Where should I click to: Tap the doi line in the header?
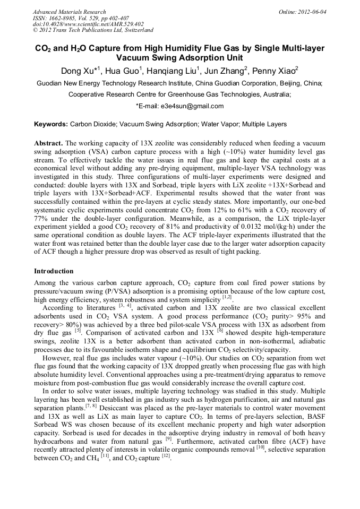coord(88,24)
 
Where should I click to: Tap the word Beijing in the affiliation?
coord(285,83)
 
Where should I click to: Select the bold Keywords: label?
coord(51,124)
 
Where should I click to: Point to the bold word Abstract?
coord(49,144)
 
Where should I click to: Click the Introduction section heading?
coord(54,271)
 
